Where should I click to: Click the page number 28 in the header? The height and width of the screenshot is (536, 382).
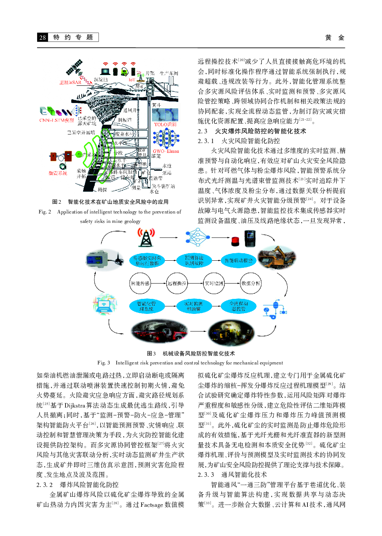click(43, 37)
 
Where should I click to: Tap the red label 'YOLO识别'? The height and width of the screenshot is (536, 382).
click(165, 124)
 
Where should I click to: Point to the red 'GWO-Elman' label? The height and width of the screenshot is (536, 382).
click(166, 151)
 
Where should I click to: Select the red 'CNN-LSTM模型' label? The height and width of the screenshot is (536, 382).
click(57, 120)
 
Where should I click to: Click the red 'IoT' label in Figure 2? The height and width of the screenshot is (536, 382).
click(132, 80)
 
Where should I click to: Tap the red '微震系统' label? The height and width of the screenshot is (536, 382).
click(58, 173)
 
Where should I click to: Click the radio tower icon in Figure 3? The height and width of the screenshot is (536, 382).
click(146, 237)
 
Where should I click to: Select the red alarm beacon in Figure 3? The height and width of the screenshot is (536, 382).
click(235, 241)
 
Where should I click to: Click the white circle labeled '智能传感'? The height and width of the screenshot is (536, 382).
click(140, 284)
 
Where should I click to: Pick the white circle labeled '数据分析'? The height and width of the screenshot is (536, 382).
click(251, 284)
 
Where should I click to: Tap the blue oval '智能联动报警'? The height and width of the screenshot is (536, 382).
click(239, 260)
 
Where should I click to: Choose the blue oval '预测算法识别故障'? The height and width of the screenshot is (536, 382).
click(194, 260)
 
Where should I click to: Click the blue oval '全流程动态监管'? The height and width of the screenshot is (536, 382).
click(239, 306)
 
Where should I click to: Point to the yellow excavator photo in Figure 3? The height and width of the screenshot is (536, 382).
click(277, 257)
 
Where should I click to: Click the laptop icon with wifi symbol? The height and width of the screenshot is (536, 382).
click(105, 305)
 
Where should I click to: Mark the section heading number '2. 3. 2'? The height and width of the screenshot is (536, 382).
click(45, 485)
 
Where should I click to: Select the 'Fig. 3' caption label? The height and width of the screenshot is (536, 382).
click(104, 363)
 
